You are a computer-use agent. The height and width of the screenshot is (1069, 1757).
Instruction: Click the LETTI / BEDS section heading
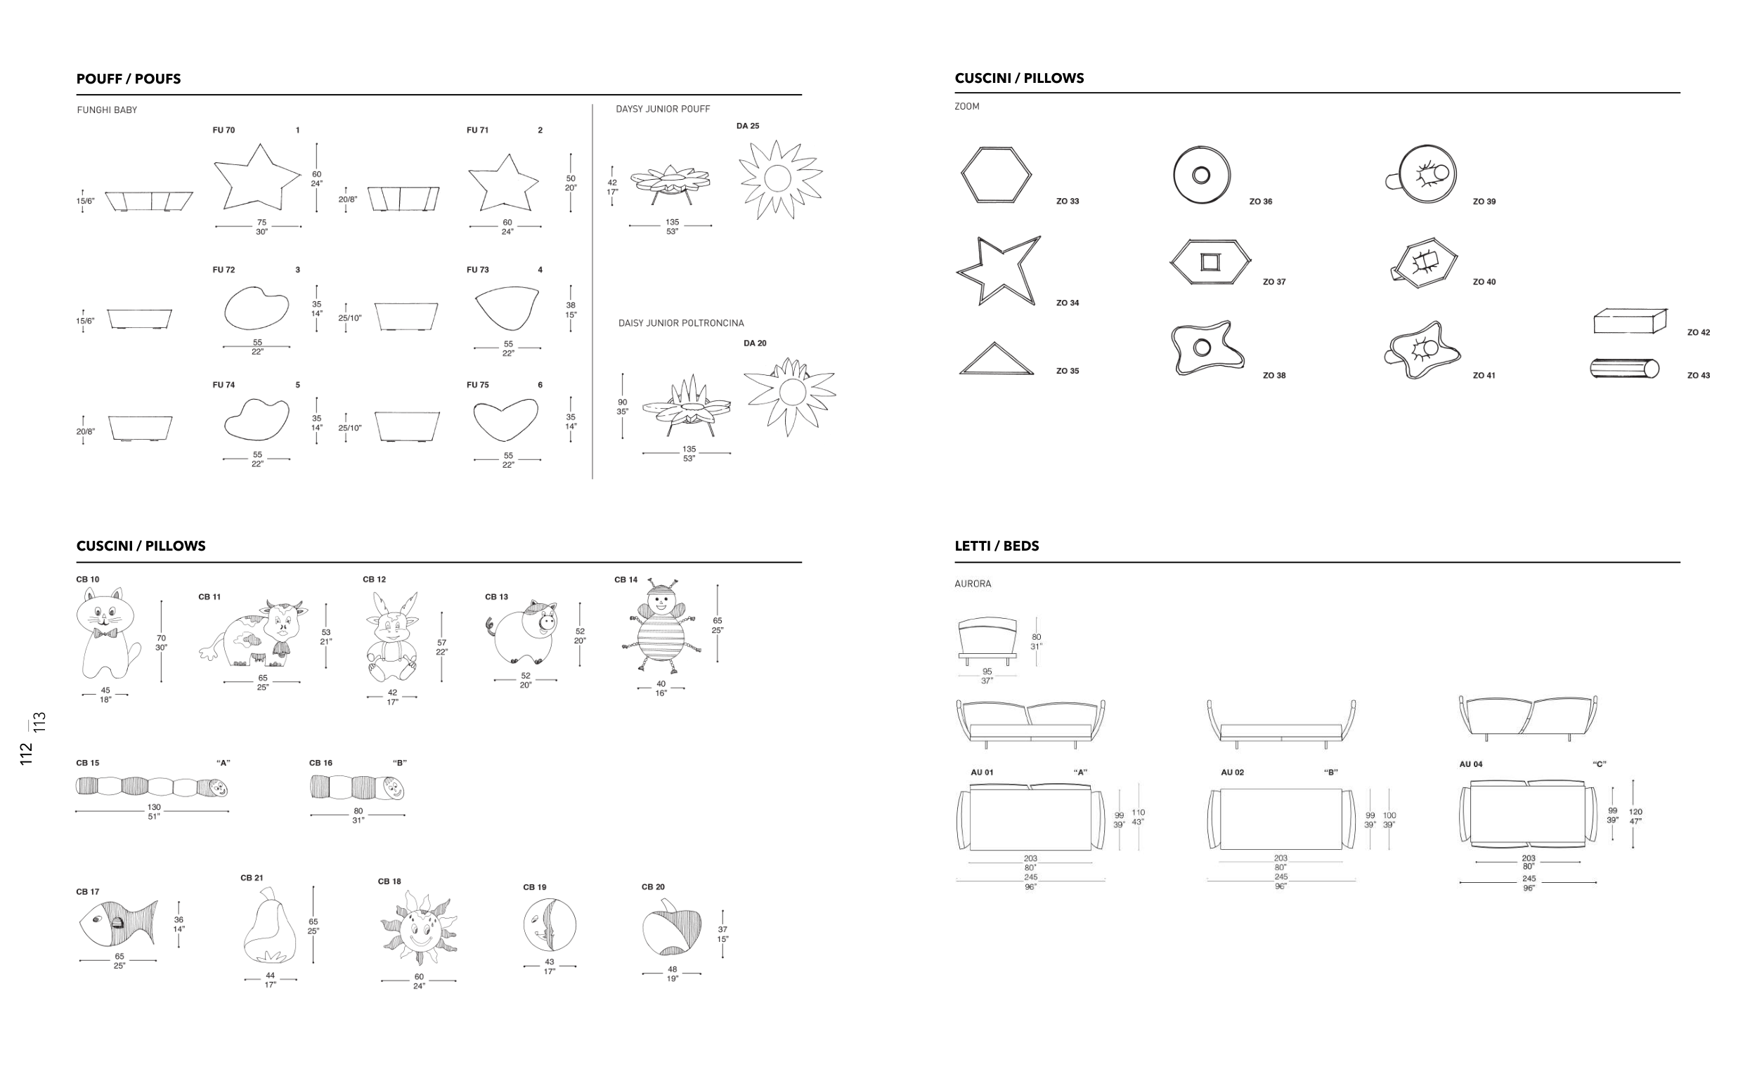click(996, 546)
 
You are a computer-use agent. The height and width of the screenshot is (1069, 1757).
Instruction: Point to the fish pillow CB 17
click(118, 924)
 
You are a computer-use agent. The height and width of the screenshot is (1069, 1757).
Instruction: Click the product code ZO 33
click(1068, 202)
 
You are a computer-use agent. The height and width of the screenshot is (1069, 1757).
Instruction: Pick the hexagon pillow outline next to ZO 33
click(995, 176)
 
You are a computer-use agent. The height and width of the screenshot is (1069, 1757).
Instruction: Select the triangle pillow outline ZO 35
click(995, 358)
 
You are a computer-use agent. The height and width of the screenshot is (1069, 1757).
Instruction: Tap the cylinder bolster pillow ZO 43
click(1624, 369)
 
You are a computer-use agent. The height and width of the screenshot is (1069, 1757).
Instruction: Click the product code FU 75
click(478, 385)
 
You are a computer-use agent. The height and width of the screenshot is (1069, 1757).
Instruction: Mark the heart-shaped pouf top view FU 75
click(505, 421)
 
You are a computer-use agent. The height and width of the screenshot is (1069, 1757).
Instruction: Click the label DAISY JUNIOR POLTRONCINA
click(681, 324)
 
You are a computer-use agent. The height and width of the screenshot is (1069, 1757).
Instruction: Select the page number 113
click(40, 722)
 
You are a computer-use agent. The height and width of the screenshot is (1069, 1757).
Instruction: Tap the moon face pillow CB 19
click(549, 924)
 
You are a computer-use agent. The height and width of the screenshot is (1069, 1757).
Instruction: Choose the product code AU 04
click(1470, 764)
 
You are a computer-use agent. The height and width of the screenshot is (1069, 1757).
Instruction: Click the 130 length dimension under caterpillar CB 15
click(154, 808)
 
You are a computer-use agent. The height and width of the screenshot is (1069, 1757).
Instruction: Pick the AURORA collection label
click(973, 584)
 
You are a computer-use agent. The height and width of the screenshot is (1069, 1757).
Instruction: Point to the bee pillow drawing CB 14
click(661, 626)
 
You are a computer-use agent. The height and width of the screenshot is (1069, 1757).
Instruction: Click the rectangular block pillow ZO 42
click(1630, 321)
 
